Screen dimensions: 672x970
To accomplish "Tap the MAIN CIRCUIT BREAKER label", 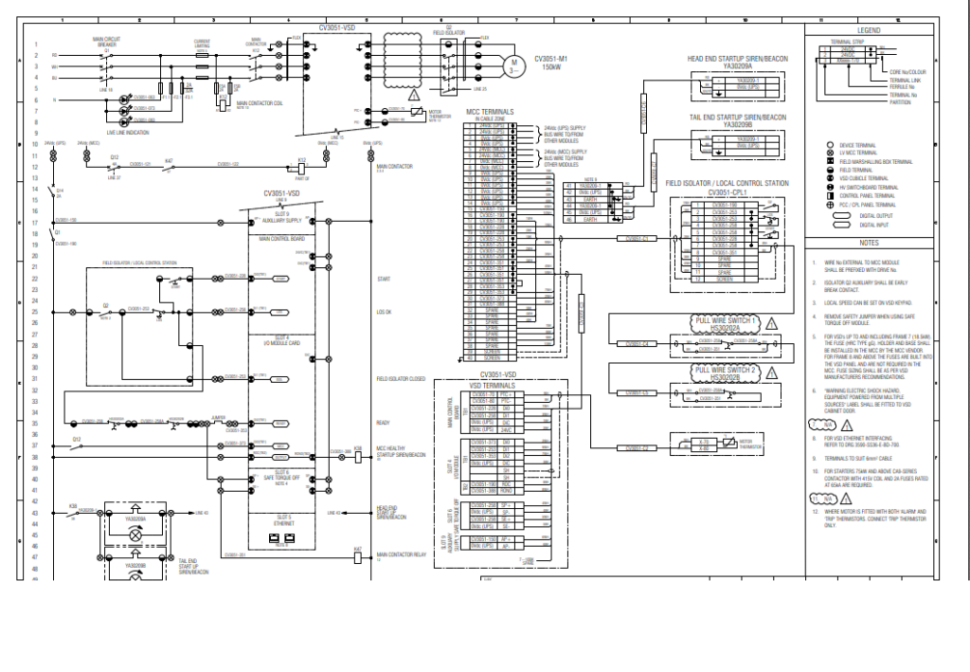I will click(x=106, y=42).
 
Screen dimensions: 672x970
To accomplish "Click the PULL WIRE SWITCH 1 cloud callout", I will click(x=726, y=321).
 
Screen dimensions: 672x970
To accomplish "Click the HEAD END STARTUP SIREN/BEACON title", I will click(x=737, y=59).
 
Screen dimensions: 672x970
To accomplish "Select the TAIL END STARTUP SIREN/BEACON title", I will click(x=737, y=118).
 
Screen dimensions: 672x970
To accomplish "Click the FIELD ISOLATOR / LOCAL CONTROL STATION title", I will click(x=727, y=182).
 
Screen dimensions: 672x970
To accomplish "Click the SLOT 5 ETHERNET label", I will click(x=282, y=519).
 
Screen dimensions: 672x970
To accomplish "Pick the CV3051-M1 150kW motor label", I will click(x=552, y=62).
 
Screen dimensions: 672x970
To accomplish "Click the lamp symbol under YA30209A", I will click(x=135, y=536).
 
